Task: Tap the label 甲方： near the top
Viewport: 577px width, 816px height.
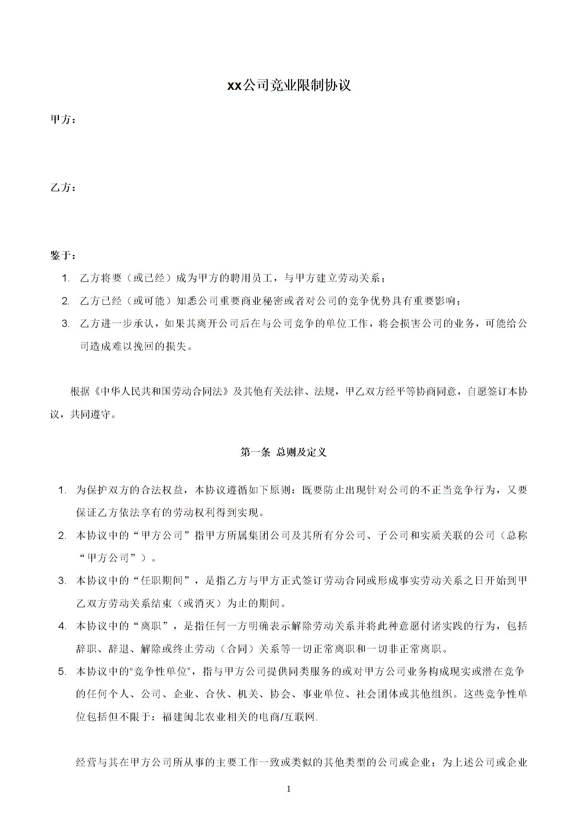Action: [63, 120]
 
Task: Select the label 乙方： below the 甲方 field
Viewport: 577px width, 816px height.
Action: [63, 188]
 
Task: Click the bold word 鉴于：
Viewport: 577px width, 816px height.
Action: [63, 256]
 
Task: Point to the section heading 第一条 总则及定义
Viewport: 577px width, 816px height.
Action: [283, 452]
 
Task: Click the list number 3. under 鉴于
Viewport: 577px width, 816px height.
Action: [65, 324]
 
